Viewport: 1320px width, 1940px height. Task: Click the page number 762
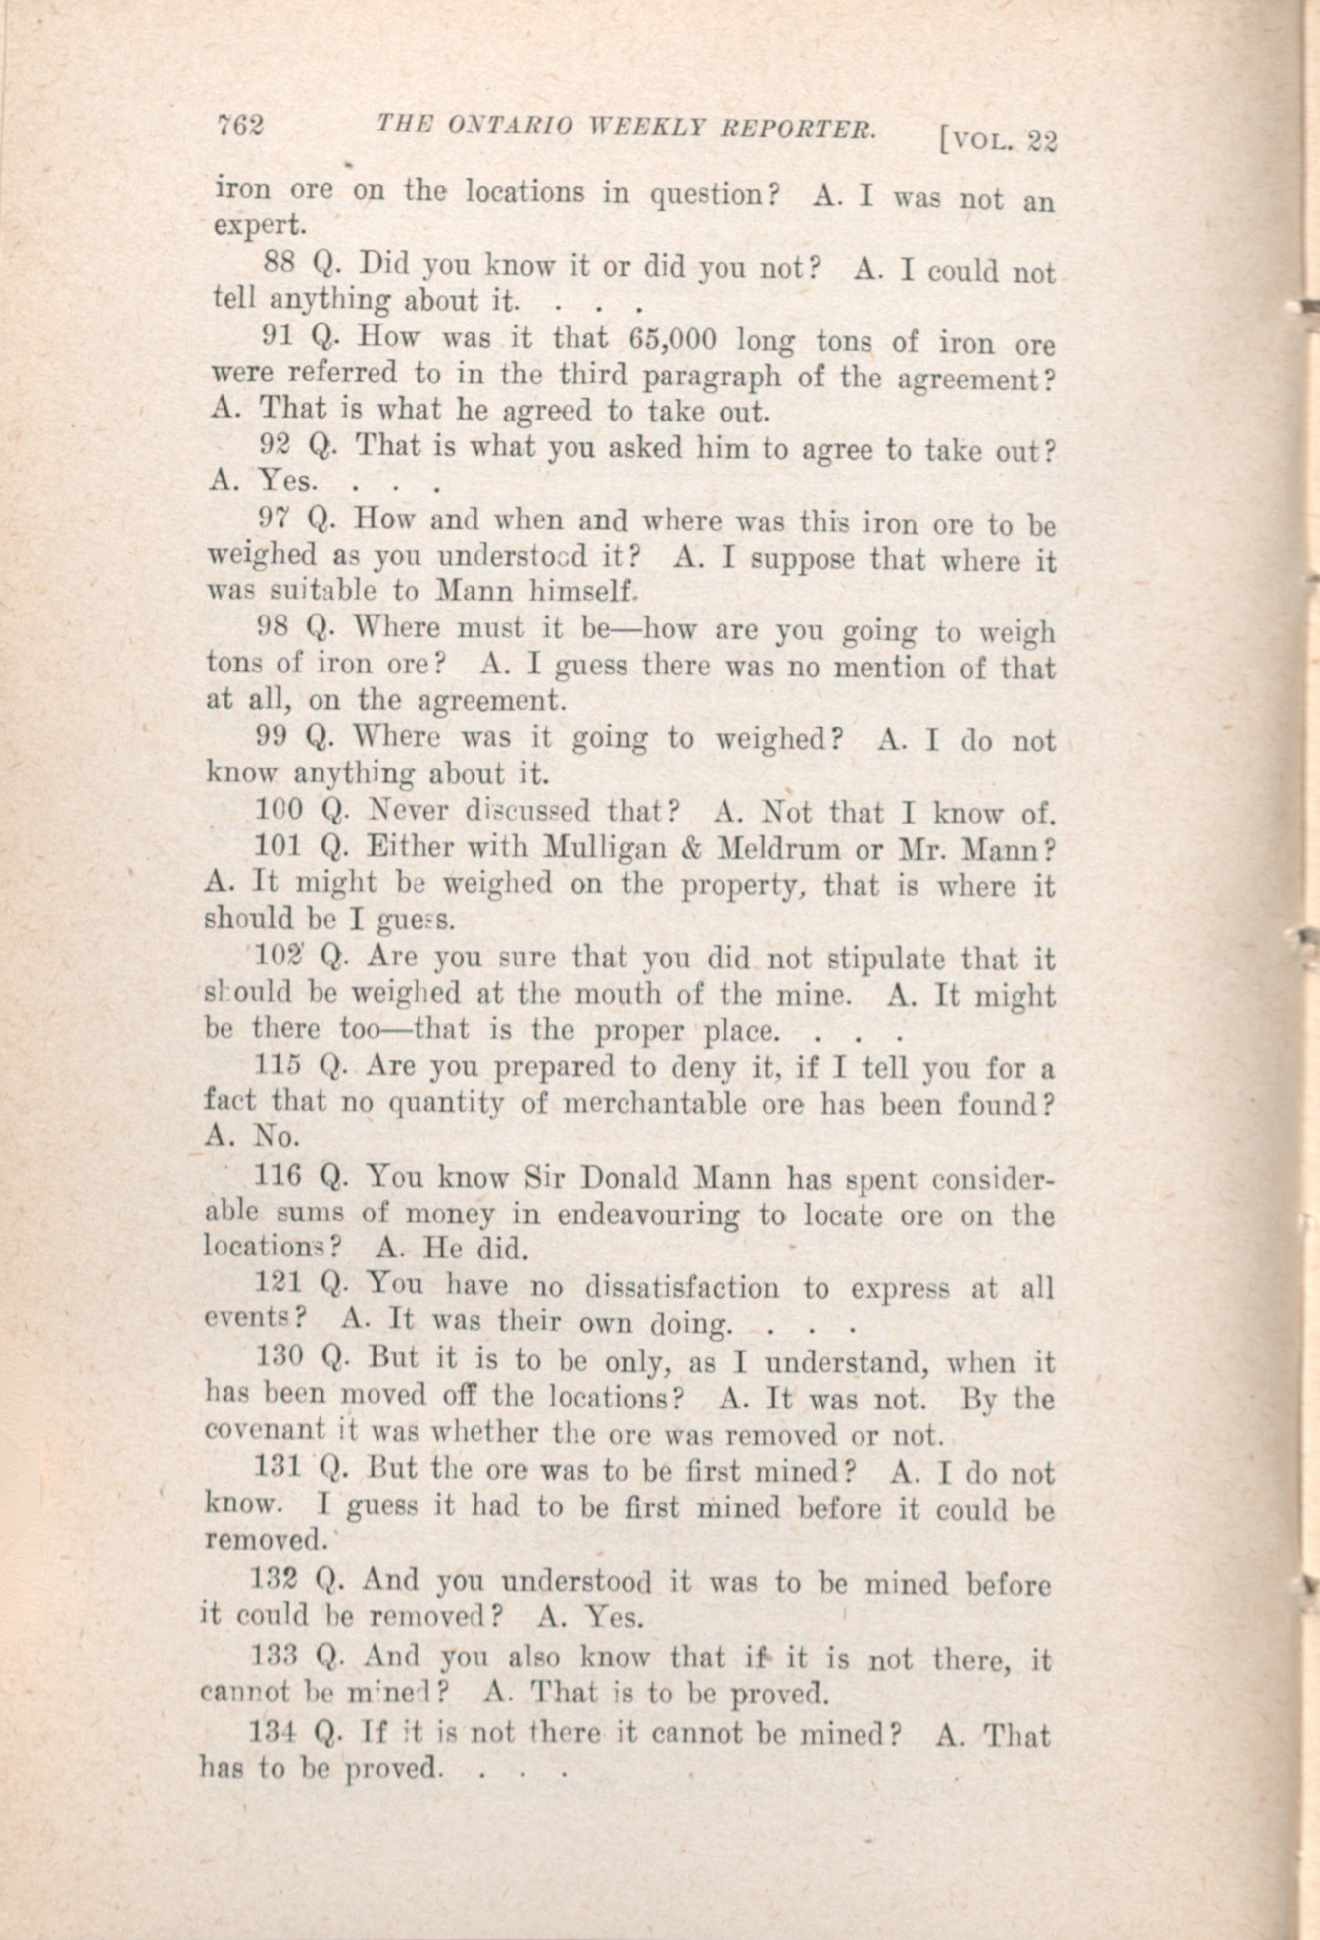click(x=240, y=125)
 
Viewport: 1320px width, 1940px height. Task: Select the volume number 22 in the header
click(x=1042, y=141)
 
